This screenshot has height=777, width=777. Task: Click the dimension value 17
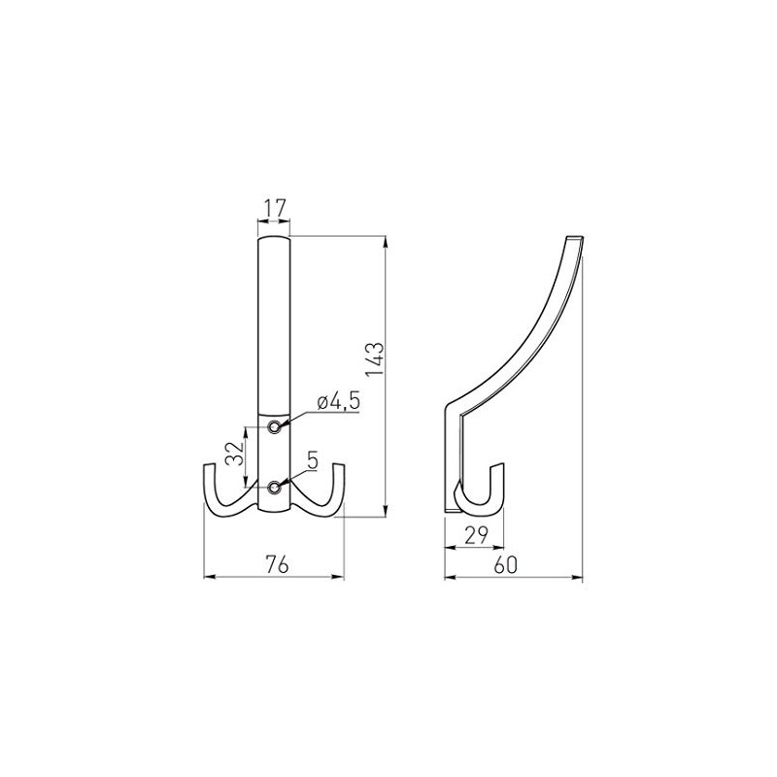point(273,207)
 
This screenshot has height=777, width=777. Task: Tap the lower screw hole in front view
point(277,487)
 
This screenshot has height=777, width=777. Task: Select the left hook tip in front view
point(210,470)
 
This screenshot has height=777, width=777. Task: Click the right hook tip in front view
point(341,470)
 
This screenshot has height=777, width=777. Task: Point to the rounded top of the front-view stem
point(274,239)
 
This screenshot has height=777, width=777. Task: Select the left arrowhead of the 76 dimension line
point(207,578)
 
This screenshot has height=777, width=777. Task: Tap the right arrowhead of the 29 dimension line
point(503,546)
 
